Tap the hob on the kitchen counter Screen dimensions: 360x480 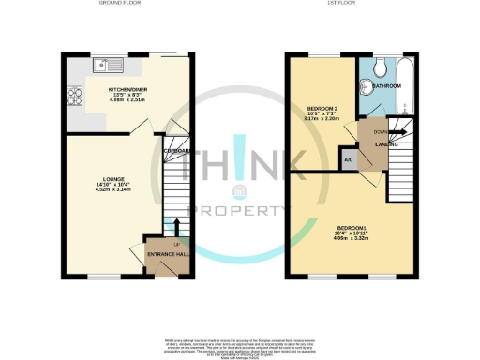(x=73, y=95)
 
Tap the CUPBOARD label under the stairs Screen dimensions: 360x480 (x=177, y=150)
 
